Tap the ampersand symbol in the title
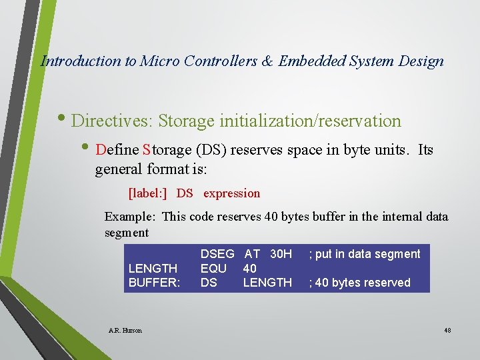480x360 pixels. tap(267, 61)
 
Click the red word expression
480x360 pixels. tap(231, 193)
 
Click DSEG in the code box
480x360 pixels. tap(217, 254)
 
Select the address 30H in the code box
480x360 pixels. tap(281, 254)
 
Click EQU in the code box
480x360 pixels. tap(213, 268)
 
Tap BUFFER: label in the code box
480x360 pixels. tap(154, 282)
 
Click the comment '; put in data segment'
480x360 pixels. tap(364, 254)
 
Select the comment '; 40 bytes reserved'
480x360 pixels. tap(359, 283)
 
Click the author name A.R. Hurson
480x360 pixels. tap(125, 330)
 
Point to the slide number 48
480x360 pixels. tap(447, 330)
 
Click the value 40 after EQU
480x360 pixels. tap(250, 268)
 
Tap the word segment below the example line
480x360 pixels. tap(127, 233)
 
